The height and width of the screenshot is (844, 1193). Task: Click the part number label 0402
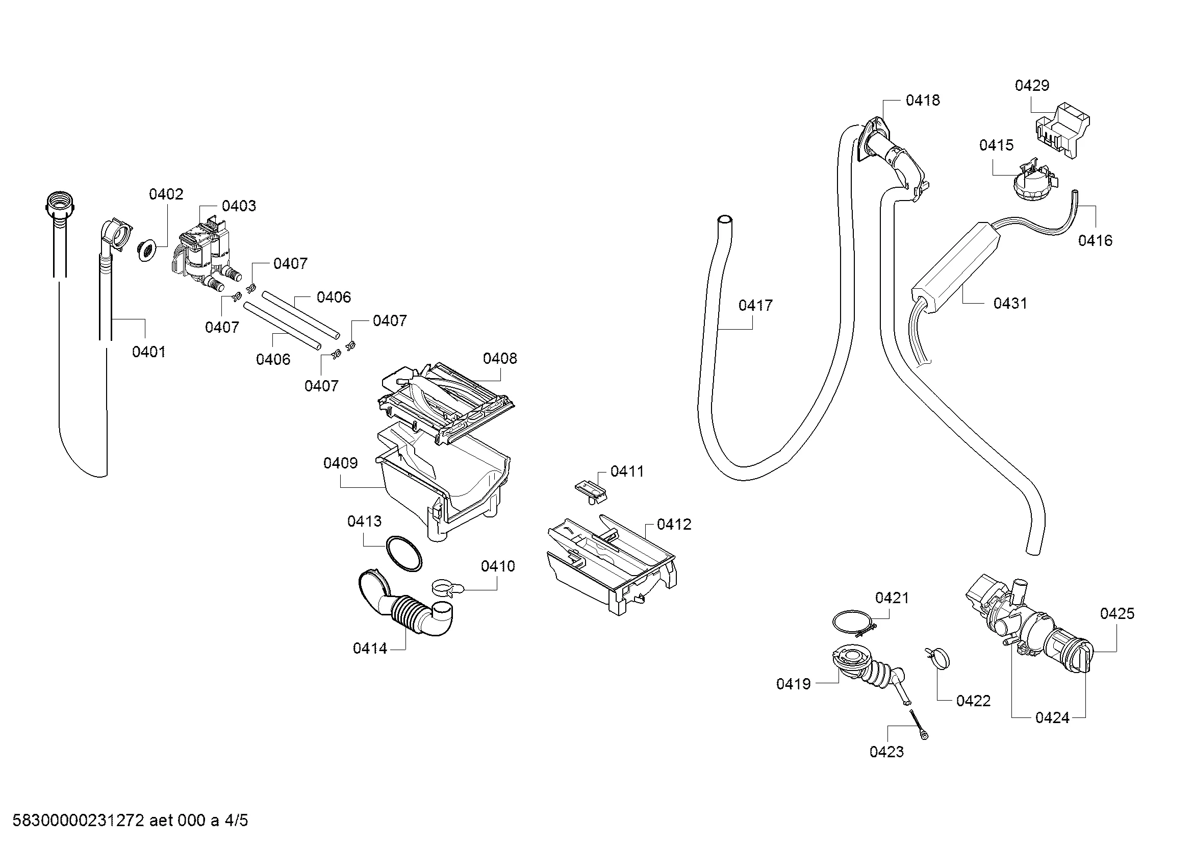tap(166, 194)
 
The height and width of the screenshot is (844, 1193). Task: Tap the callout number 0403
tap(239, 206)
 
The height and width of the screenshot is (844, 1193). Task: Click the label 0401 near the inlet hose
tap(148, 353)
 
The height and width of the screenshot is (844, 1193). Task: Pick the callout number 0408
tap(500, 359)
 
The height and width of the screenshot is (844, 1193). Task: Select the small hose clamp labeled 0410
tap(445, 588)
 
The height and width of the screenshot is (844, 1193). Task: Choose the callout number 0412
tap(674, 525)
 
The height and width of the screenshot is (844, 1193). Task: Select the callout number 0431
tap(1010, 304)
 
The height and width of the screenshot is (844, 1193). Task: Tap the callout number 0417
tap(755, 306)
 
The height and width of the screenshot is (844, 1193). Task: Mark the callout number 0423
tap(886, 752)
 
